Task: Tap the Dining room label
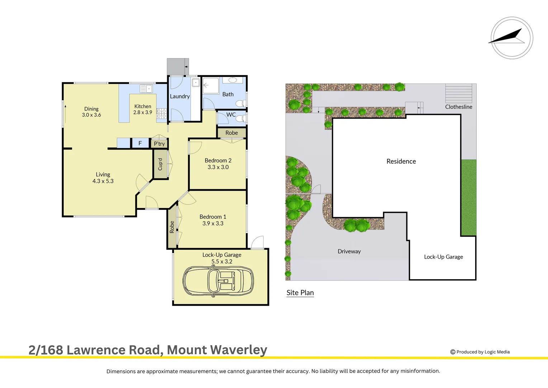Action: click(91, 109)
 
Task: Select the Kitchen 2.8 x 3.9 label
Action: click(143, 109)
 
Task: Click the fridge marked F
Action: click(140, 143)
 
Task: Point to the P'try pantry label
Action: click(159, 144)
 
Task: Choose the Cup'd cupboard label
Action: click(160, 164)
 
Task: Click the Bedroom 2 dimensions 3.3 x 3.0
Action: click(218, 167)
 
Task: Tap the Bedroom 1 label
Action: click(213, 217)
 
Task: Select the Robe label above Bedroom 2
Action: click(232, 133)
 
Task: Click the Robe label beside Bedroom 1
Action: click(172, 227)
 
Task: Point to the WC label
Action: click(231, 115)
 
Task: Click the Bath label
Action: click(228, 94)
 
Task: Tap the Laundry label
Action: click(180, 96)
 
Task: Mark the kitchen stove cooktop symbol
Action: click(161, 114)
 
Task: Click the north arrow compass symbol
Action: click(511, 38)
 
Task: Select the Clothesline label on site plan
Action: click(458, 107)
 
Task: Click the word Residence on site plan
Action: click(401, 161)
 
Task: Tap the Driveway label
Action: click(349, 251)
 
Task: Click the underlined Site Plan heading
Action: click(300, 292)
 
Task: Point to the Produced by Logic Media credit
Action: click(480, 352)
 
